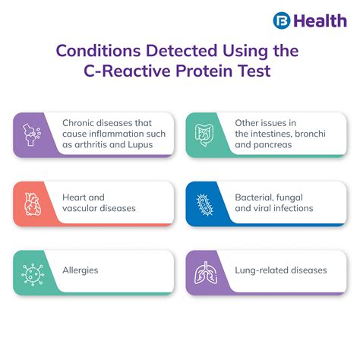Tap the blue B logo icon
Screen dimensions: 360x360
click(280, 21)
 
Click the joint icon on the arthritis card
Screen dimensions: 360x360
click(31, 134)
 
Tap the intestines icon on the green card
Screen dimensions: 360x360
click(203, 134)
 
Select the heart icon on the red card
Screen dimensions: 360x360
click(31, 203)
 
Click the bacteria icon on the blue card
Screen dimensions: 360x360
click(203, 203)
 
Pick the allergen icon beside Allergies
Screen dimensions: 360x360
click(31, 270)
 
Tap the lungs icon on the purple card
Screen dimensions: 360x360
click(203, 270)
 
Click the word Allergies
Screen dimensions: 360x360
click(80, 270)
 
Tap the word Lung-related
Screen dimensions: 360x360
click(264, 270)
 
